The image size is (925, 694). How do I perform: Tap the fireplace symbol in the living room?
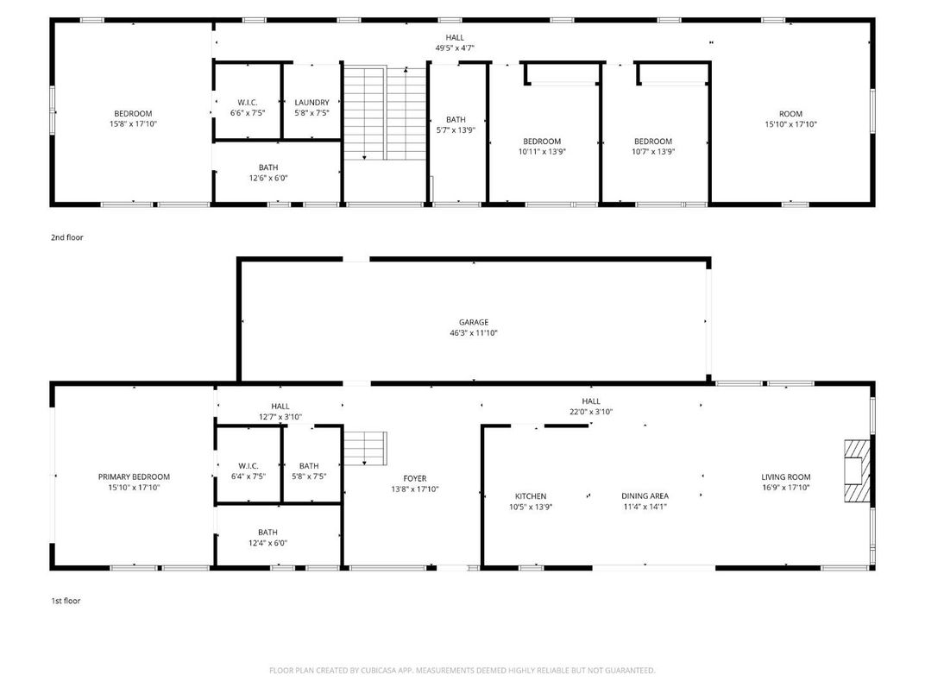(x=856, y=470)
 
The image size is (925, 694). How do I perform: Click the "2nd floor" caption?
(x=67, y=237)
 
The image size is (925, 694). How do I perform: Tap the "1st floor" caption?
(x=66, y=601)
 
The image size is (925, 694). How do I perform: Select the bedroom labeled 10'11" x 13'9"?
(x=542, y=146)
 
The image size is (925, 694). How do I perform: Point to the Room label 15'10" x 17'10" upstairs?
(x=790, y=119)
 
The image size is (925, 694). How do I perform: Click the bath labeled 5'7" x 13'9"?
(x=456, y=124)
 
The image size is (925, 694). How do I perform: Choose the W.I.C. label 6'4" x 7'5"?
(x=247, y=470)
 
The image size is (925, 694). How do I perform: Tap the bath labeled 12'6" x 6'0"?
(x=267, y=173)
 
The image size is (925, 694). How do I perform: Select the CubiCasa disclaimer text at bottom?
(x=462, y=670)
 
